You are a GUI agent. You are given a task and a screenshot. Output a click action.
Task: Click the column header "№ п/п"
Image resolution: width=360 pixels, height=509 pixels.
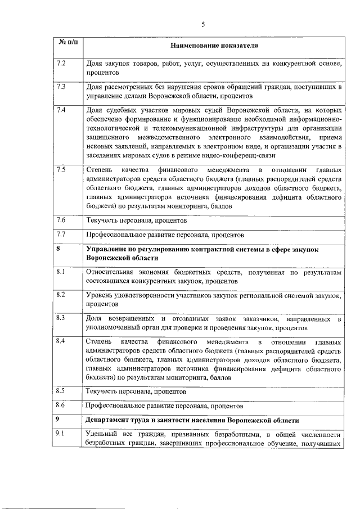pyautogui.click(x=67, y=43)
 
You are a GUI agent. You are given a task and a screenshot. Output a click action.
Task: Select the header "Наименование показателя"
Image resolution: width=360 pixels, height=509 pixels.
pyautogui.click(x=214, y=44)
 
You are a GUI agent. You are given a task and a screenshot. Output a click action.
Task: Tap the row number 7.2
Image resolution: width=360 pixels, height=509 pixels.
pyautogui.click(x=62, y=62)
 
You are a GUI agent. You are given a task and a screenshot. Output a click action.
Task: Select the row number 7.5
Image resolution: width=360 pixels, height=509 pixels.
pyautogui.click(x=62, y=169)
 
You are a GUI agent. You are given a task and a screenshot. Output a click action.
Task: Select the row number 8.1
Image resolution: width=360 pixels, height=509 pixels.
pyautogui.click(x=62, y=272)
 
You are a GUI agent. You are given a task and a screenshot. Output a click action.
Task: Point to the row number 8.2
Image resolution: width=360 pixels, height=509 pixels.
pyautogui.click(x=62, y=294)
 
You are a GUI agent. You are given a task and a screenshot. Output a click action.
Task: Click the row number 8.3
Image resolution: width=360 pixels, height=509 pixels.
pyautogui.click(x=62, y=318)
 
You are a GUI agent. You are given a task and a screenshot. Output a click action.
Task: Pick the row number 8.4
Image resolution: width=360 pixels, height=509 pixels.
pyautogui.click(x=62, y=341)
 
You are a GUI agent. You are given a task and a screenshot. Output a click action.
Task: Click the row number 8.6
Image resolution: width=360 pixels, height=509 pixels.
pyautogui.click(x=62, y=404)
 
